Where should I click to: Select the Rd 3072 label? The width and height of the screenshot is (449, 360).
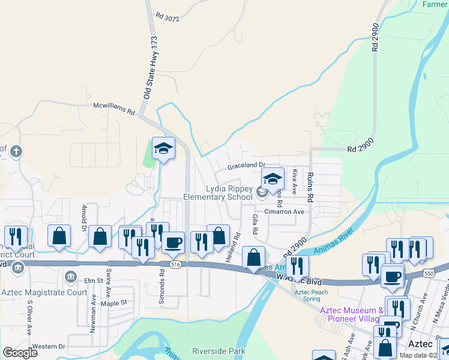[167, 17]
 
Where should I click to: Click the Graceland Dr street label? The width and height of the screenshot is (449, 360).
[246, 165]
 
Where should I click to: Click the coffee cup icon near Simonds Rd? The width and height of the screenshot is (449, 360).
[173, 242]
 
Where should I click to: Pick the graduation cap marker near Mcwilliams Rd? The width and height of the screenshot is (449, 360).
[163, 148]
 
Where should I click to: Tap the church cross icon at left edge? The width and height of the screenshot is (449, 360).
[16, 151]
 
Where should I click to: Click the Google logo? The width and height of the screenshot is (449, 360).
[20, 353]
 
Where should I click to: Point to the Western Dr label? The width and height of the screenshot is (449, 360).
[48, 346]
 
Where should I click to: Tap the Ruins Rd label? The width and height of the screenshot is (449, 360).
[310, 185]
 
